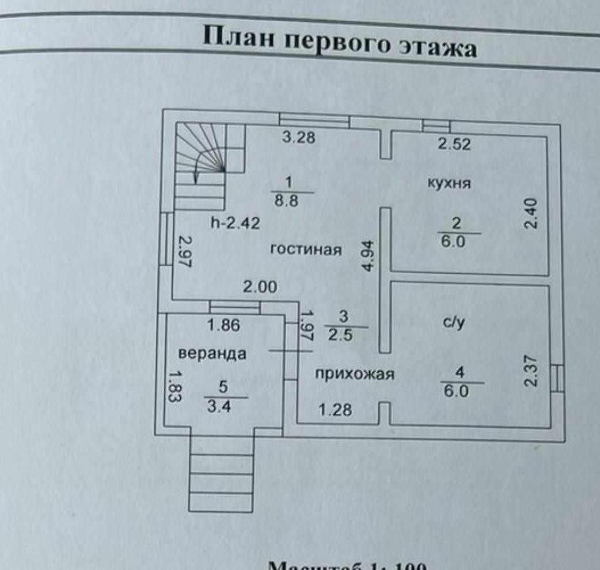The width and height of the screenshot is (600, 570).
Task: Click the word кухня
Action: pos(449,184)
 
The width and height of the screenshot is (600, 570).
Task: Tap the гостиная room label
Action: pos(306,250)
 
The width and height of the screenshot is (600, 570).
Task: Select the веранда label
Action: pos(212,353)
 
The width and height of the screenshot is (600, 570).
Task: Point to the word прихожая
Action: pos(354,375)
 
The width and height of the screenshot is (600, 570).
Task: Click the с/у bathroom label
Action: pos(453,323)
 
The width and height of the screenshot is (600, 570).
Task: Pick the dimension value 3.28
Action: pos(298,138)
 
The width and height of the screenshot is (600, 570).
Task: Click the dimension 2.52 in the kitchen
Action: pos(454,144)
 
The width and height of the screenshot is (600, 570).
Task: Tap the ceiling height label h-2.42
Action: pos(235,224)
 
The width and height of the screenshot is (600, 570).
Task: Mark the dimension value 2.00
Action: pos(260,287)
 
